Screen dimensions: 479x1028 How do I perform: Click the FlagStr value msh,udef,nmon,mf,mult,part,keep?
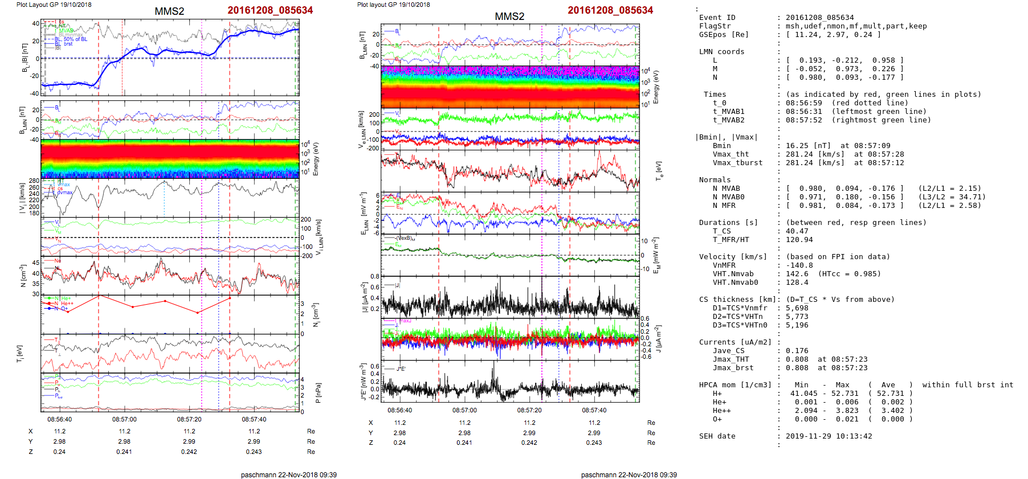point(856,26)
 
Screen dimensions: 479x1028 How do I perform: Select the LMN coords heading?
point(721,52)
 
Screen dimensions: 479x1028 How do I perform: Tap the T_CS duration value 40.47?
point(797,231)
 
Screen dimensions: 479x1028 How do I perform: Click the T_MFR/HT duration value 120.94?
point(799,240)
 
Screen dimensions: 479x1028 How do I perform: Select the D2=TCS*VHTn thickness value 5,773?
point(797,317)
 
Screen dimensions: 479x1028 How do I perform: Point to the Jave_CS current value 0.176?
point(797,351)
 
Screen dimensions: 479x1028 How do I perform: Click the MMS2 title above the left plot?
point(169,11)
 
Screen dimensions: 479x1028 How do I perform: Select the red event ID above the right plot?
point(610,10)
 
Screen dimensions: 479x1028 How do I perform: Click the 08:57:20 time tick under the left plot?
point(189,419)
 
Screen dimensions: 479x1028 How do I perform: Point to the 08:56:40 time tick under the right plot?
point(399,410)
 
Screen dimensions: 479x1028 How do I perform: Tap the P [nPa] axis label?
point(318,393)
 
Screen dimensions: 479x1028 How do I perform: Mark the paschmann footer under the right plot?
point(629,474)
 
